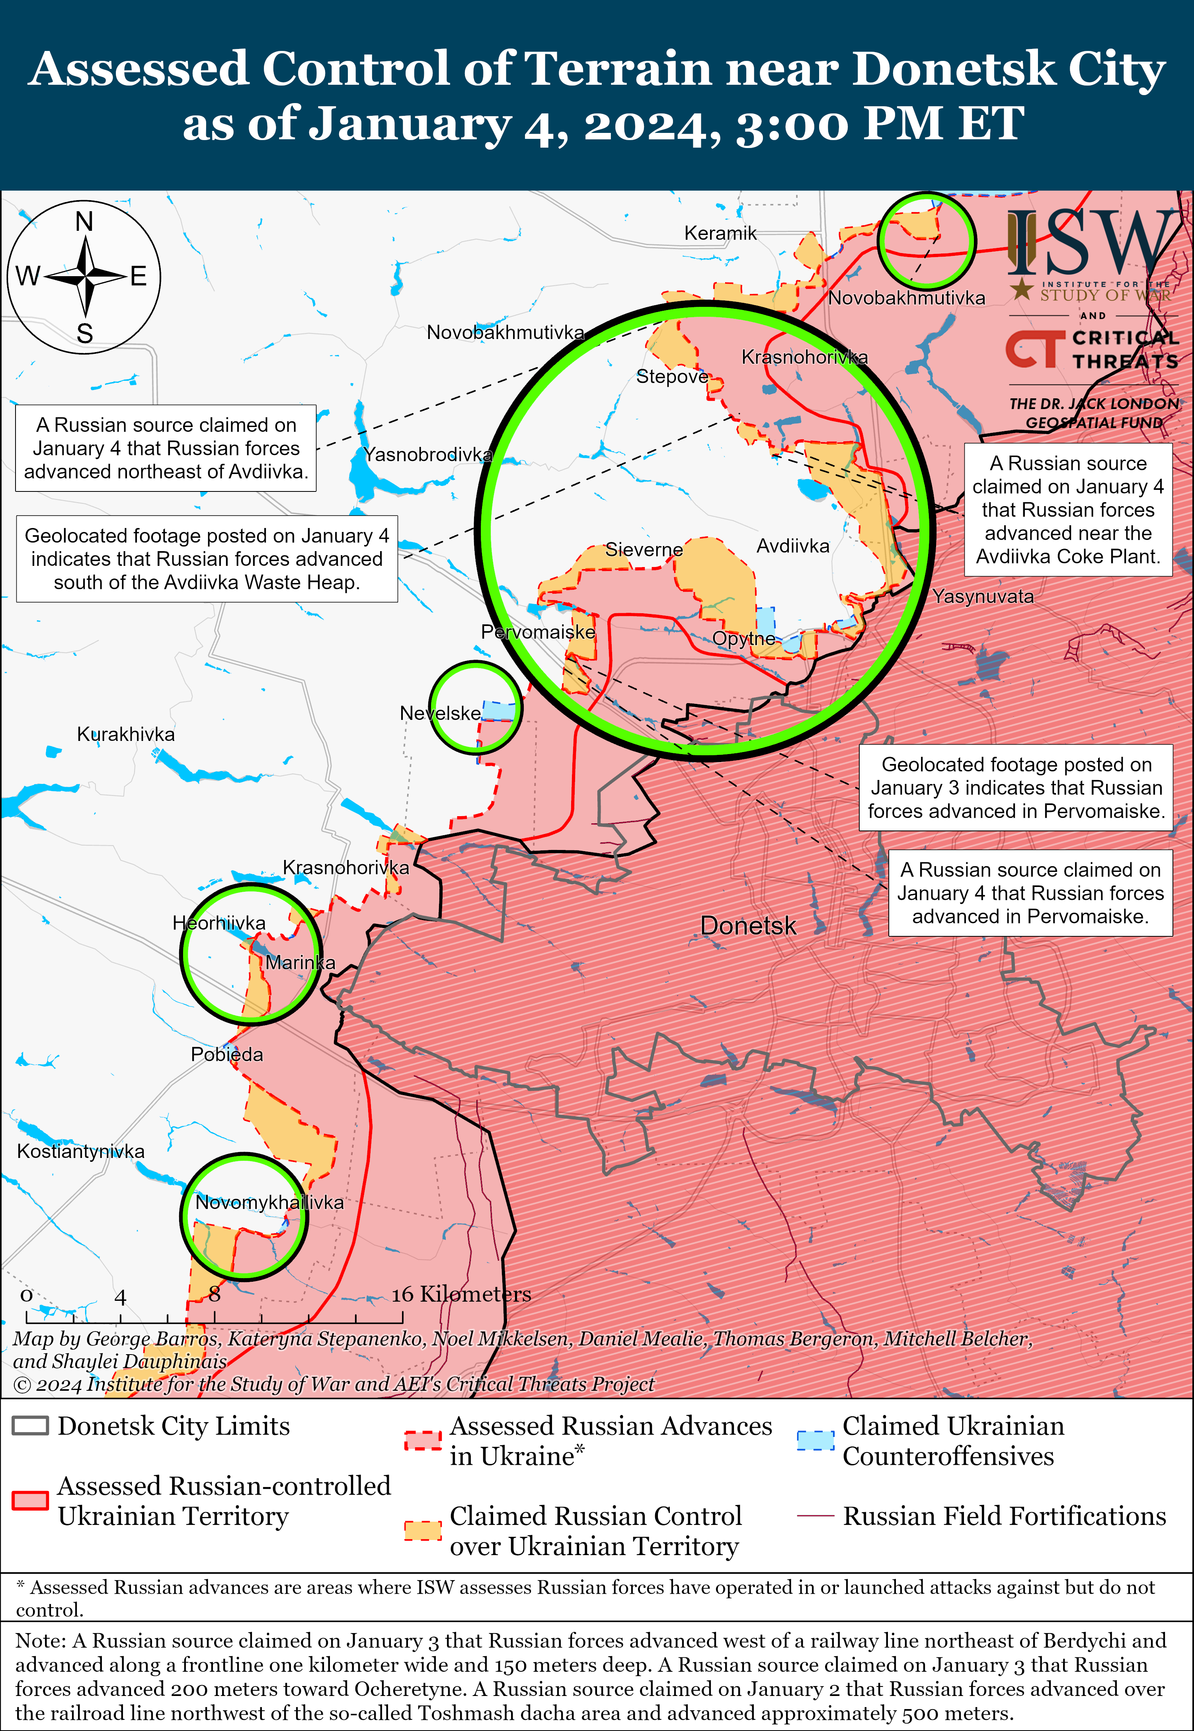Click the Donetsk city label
coord(748,926)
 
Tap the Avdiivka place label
coord(793,546)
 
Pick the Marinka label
coord(300,963)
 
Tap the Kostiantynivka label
coord(81,1151)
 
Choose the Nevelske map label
coord(440,713)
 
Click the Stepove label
coord(672,376)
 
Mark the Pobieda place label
coord(227,1055)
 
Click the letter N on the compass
coord(84,222)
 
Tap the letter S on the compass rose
coord(84,333)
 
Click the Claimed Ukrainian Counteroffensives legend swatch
coord(815,1440)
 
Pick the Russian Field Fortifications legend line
coord(816,1516)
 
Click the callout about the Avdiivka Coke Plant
coord(1067,509)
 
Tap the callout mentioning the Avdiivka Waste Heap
coord(207,559)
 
